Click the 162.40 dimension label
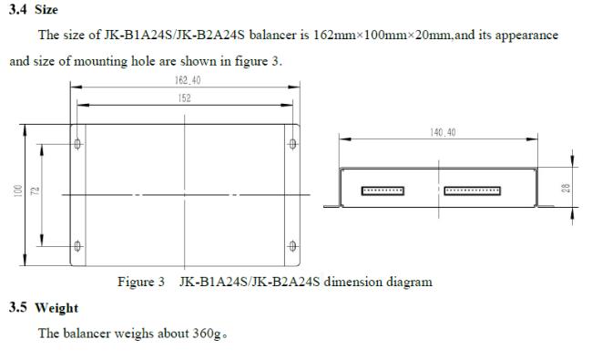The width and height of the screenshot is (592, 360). pyautogui.click(x=188, y=80)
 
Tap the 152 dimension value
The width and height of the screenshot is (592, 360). pyautogui.click(x=184, y=98)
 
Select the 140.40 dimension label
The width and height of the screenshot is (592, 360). pyautogui.click(x=443, y=132)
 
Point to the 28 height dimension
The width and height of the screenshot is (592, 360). pyautogui.click(x=566, y=188)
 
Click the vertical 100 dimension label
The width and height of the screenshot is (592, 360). pyautogui.click(x=17, y=190)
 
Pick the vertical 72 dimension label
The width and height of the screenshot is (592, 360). pyautogui.click(x=36, y=190)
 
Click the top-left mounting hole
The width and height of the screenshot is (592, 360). pyautogui.click(x=77, y=144)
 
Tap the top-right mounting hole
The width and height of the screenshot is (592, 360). pyautogui.click(x=292, y=144)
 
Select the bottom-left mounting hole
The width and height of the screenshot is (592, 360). pyautogui.click(x=77, y=246)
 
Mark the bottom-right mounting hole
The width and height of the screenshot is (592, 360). pyautogui.click(x=292, y=246)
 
